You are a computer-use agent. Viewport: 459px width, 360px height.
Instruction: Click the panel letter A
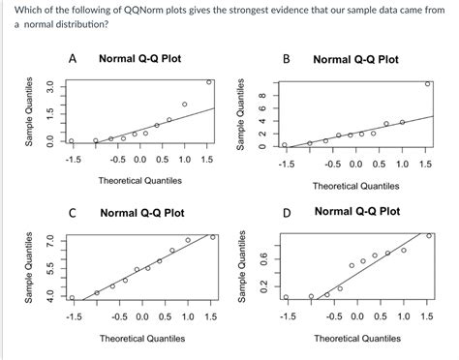pos(74,59)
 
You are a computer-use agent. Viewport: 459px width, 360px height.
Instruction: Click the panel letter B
pos(287,59)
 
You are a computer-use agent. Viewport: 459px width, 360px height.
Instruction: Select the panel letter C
pos(74,212)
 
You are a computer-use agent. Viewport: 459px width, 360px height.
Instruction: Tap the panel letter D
pos(287,211)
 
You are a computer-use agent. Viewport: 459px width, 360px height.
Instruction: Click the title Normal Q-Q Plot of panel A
pos(140,59)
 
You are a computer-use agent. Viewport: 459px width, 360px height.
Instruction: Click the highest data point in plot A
pos(209,82)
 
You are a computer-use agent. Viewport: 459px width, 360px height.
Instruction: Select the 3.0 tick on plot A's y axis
pos(36,89)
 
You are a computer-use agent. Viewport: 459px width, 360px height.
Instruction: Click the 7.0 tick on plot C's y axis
pos(36,240)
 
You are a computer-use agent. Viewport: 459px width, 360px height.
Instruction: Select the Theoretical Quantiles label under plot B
pos(355,186)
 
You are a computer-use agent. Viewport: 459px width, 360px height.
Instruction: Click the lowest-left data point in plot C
pos(72,297)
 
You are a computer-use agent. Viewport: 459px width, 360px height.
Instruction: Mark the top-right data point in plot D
pos(429,235)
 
